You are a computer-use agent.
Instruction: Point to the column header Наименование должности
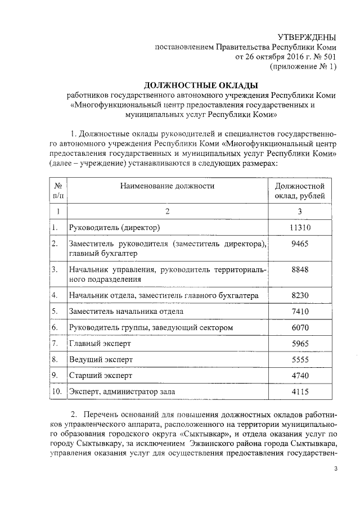point(167,185)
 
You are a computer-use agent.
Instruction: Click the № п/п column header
point(58,190)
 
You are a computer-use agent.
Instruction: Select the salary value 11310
point(300,228)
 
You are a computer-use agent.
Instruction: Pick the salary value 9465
point(300,244)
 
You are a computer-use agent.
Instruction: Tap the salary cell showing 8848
point(300,269)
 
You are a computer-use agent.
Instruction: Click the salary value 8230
point(300,295)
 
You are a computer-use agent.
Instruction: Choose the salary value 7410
point(300,311)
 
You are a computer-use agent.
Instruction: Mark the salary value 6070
point(300,327)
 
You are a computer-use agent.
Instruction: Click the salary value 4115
point(300,390)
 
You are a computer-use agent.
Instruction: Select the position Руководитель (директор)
point(115,228)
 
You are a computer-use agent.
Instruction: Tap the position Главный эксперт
point(99,343)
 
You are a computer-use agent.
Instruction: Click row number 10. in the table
point(56,390)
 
